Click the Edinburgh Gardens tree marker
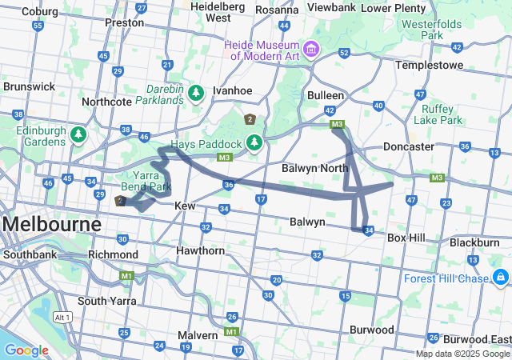pyautogui.click(x=78, y=134)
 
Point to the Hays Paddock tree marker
pyautogui.click(x=254, y=143)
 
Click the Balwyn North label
pyautogui.click(x=314, y=169)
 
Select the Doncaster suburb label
pyautogui.click(x=408, y=147)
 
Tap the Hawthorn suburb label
pyautogui.click(x=201, y=250)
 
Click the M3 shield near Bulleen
pyautogui.click(x=338, y=124)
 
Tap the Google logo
pyautogui.click(x=26, y=350)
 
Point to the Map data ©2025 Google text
pyautogui.click(x=462, y=354)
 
